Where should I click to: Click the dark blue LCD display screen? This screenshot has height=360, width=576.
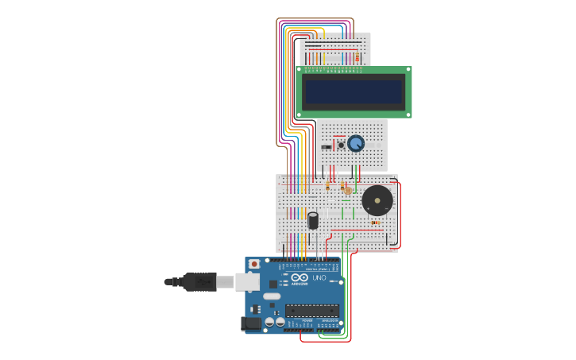pos(354,92)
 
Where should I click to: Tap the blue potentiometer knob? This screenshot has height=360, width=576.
pos(355,143)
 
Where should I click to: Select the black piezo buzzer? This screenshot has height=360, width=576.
pos(377,200)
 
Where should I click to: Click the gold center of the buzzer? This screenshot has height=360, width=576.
pos(377,200)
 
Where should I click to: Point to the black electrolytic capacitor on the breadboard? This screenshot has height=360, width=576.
pos(314,219)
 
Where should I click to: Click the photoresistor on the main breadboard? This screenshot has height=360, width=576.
pos(347,190)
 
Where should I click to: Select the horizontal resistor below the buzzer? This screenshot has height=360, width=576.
pos(375,223)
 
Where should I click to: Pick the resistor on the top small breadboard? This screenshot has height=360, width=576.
pos(357,57)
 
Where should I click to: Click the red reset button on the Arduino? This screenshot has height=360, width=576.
pos(254,264)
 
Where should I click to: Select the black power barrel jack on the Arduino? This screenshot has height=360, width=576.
pos(251,323)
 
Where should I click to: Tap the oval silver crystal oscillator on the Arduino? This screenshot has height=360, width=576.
pos(272,296)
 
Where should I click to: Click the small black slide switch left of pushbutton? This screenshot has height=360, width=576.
pos(327,146)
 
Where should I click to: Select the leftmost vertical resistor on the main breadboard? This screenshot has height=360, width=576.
pos(327,186)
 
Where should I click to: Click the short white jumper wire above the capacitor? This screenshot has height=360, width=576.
pos(314,208)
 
